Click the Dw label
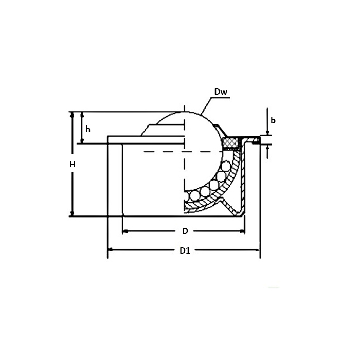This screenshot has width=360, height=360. [221, 92]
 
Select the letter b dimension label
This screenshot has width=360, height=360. [273, 120]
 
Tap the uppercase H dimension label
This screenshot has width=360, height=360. [73, 165]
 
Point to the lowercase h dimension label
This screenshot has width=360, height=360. [88, 129]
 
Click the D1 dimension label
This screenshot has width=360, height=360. [185, 251]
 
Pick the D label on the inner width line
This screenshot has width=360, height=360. [185, 231]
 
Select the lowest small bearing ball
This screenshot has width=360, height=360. [193, 195]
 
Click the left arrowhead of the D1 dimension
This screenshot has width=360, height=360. [110, 250]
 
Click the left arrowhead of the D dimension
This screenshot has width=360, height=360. [125, 231]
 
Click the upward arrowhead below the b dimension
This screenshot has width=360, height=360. [268, 147]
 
